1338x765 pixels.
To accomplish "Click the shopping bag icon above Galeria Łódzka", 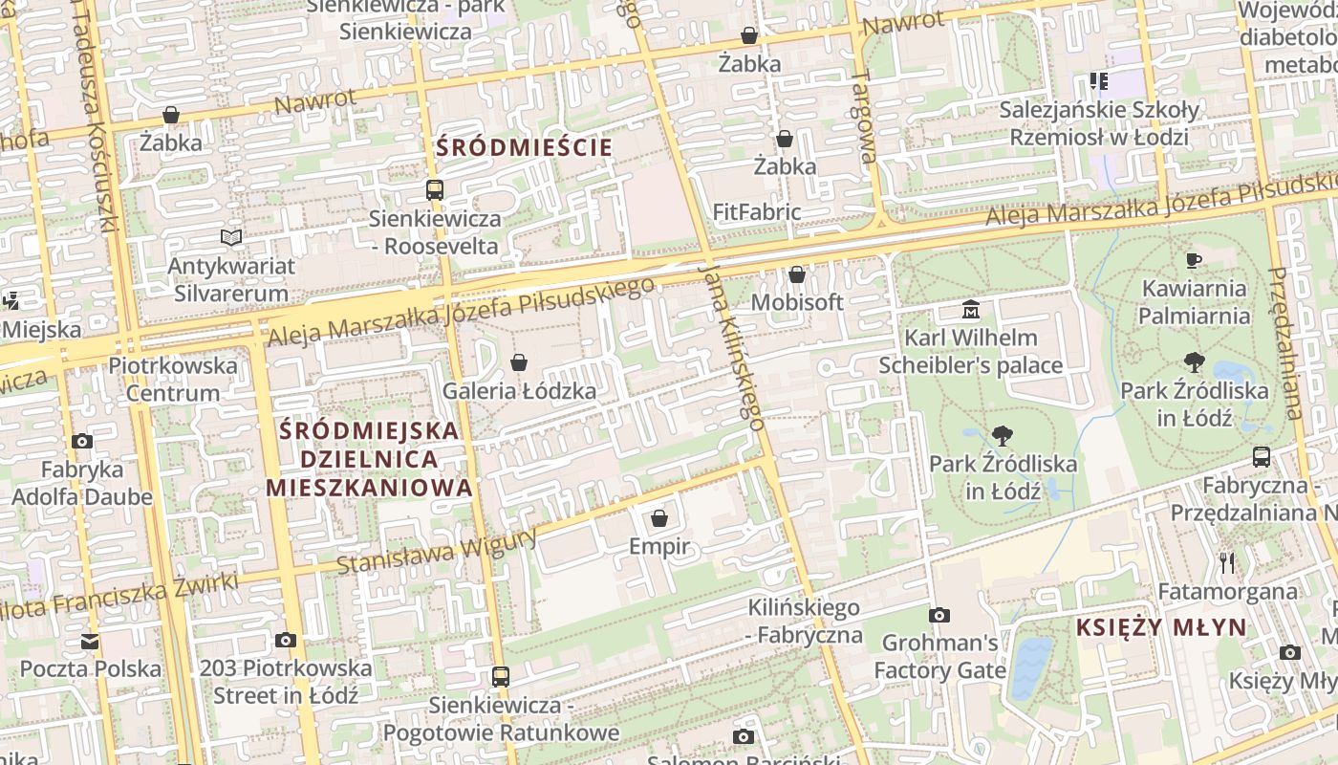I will coord(519,362).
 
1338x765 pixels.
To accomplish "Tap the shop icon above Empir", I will coord(658,518).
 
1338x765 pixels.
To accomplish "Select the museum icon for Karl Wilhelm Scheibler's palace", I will coord(971,310).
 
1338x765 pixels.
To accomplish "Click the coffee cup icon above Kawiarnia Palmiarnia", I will coord(1193,260).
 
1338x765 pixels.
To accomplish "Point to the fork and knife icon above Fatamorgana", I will coord(1228,563).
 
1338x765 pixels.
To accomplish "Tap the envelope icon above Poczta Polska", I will coord(90,641).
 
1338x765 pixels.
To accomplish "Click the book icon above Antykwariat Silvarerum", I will coord(230,237).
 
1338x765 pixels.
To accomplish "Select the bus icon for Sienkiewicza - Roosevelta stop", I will coord(435,189).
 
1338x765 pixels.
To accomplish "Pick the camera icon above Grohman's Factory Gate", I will coord(939,615).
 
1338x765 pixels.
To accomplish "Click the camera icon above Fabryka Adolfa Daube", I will coord(82,441).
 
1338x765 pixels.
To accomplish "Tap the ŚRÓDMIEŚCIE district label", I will coord(524,147).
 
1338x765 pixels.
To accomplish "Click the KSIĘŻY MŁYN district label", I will coord(1161,627).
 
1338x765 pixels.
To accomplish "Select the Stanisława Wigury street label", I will coord(438,554).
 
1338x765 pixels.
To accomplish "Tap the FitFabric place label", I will coord(757,211).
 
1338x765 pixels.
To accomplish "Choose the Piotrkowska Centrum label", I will coord(173,379).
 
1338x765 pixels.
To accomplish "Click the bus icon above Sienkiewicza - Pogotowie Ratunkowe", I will coord(500,677).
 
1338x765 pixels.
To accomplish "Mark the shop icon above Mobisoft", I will coord(797,275).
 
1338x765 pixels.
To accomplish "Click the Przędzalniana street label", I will coord(1286,342).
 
